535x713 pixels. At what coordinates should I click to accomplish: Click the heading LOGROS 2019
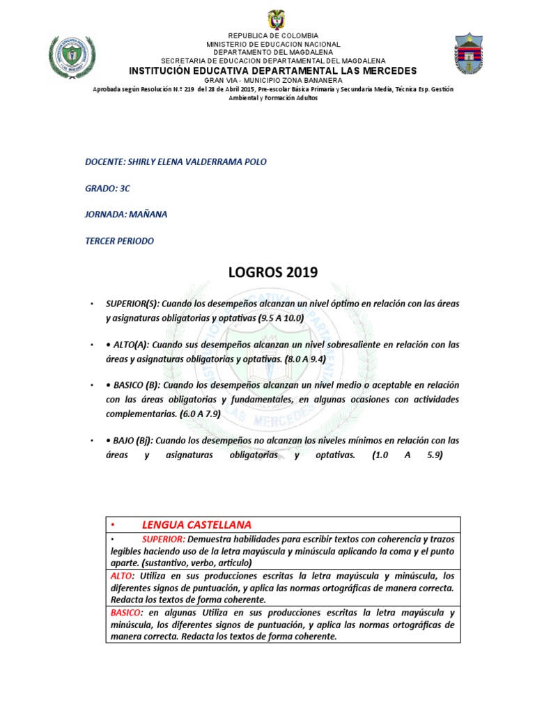coord(273,272)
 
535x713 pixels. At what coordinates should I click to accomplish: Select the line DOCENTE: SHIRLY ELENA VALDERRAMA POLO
coord(176,162)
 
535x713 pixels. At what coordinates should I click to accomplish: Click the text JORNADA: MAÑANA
coord(126,214)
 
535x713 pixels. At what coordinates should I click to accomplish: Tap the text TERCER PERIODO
coord(119,241)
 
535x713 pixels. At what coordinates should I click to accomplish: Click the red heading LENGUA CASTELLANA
coord(196,524)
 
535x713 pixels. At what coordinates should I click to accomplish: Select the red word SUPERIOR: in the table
coord(163,539)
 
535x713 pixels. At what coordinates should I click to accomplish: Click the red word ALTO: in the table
coord(123,576)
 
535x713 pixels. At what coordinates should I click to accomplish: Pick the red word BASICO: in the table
coord(126,613)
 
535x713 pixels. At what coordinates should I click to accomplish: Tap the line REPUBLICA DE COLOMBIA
coord(274,36)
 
